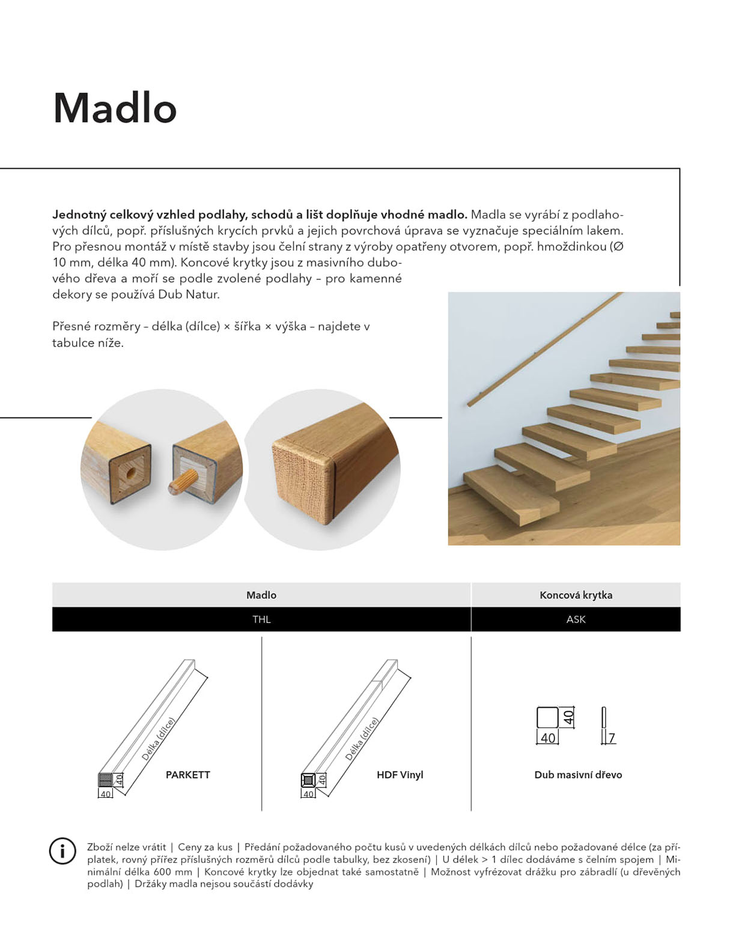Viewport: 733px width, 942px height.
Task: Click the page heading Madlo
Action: (115, 108)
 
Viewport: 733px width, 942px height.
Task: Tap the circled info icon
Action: (62, 851)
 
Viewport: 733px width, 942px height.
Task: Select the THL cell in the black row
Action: (261, 619)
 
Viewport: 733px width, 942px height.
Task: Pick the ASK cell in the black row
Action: (576, 619)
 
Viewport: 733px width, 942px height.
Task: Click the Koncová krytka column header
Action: (576, 595)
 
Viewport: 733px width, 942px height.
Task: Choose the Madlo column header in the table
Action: (261, 595)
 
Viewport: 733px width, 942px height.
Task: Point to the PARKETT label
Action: (187, 774)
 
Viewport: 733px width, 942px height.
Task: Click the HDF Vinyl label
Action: (400, 774)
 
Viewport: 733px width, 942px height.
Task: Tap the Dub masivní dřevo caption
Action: (578, 774)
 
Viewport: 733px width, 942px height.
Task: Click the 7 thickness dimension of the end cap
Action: (612, 737)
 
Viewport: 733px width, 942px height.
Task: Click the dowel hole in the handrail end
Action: (130, 472)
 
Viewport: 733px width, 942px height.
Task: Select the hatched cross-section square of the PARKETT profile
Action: (105, 780)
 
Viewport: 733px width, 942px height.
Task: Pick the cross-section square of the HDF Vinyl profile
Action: (308, 780)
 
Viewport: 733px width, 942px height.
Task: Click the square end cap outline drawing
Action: (547, 717)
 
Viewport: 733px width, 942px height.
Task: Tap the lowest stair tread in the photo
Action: (511, 494)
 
